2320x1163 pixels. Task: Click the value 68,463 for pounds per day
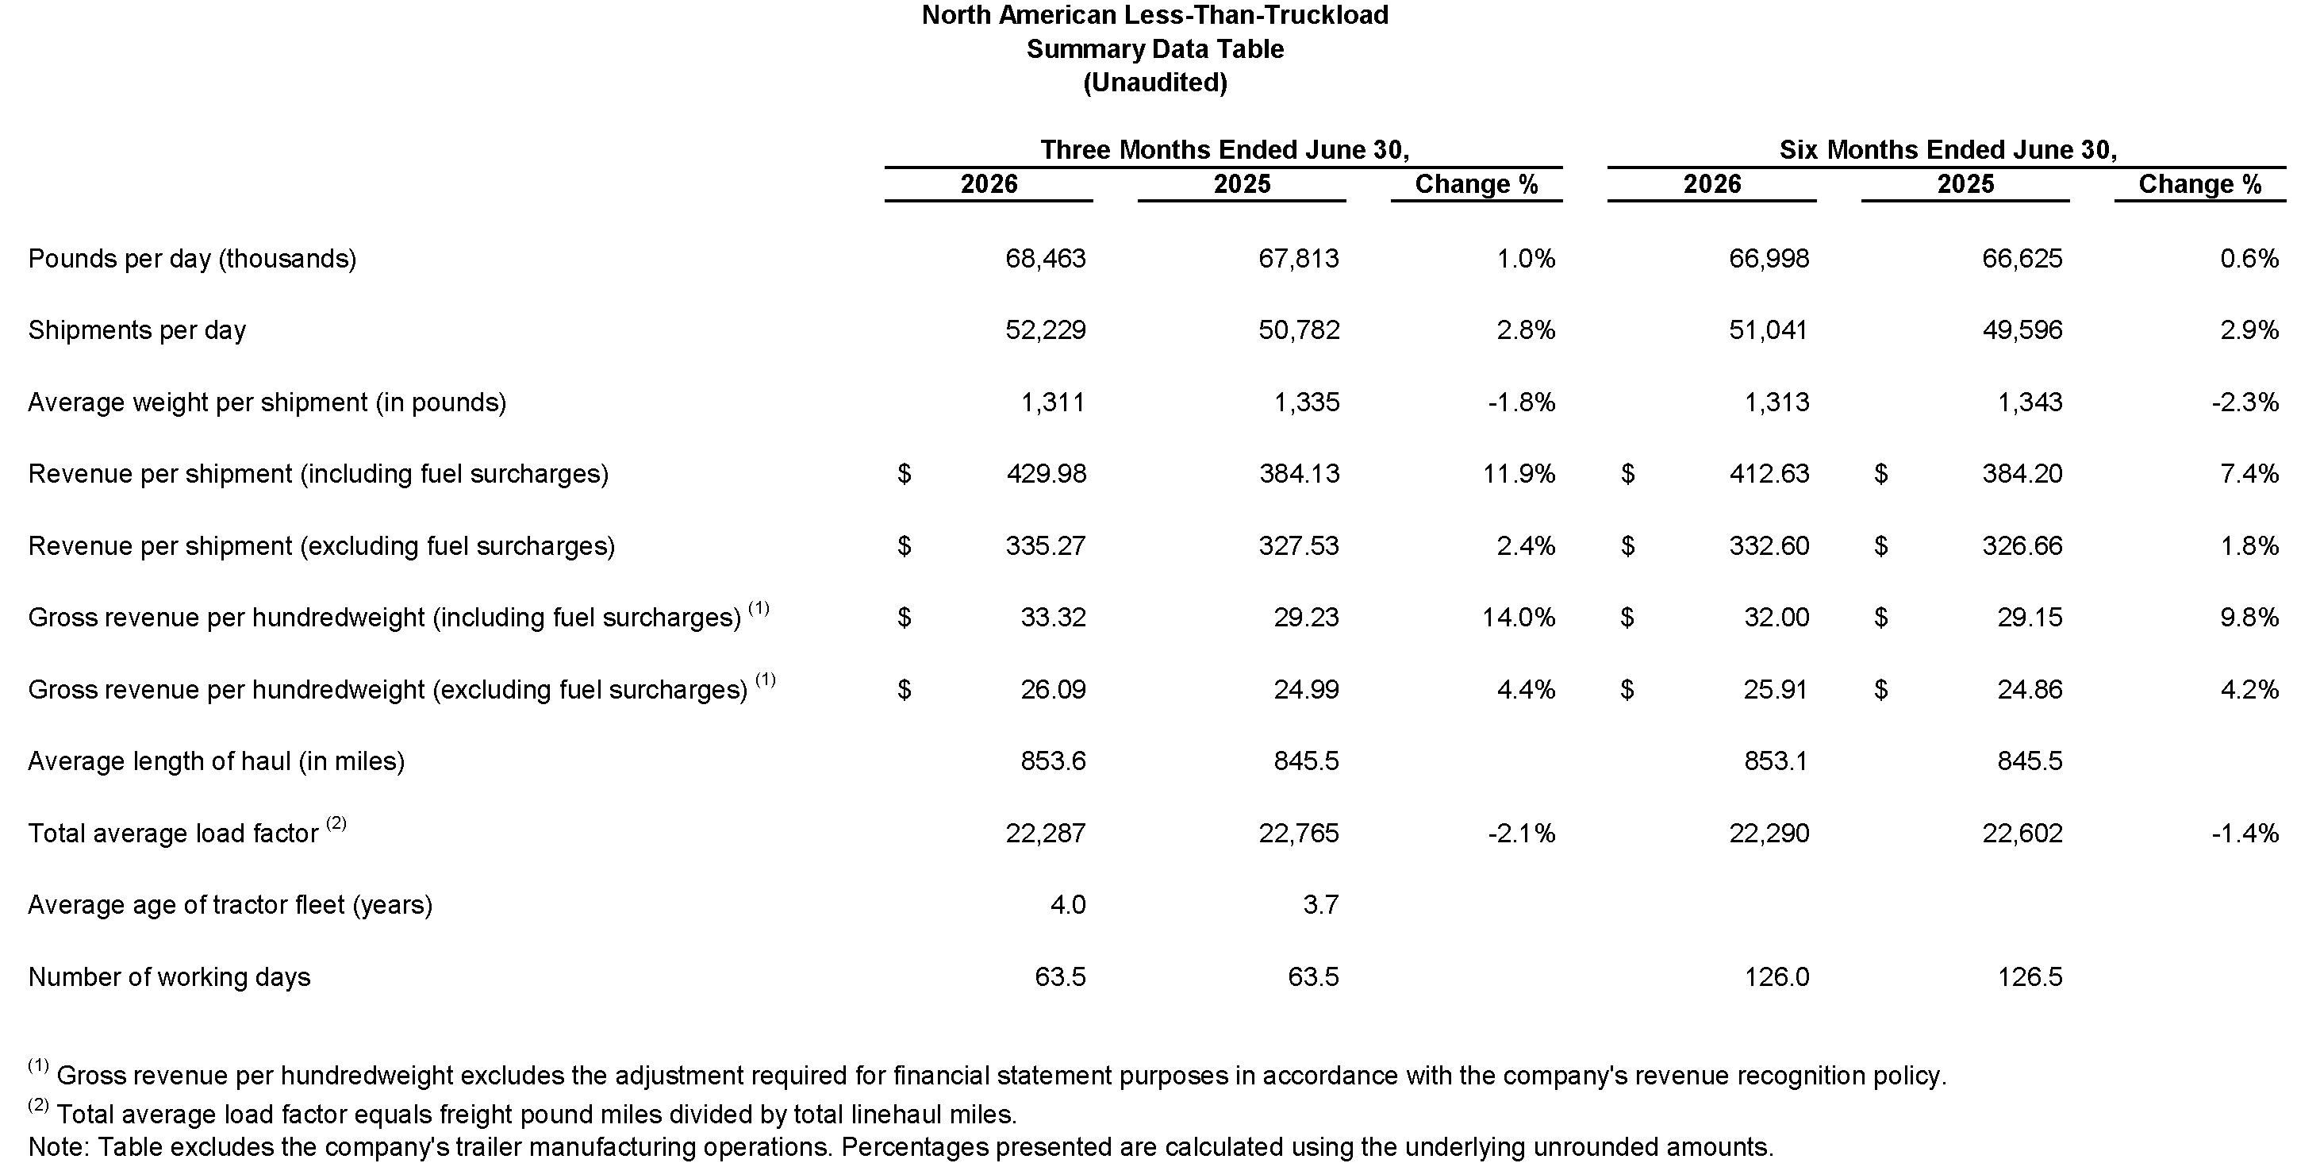pos(1045,259)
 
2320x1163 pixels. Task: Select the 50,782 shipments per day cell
pos(1299,329)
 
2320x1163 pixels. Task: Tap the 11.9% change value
pos(1519,474)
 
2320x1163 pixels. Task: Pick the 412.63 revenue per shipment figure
pos(1769,474)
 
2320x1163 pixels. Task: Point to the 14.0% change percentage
pos(1519,617)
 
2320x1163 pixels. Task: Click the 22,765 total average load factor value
pos(1299,833)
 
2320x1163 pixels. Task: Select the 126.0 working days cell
pos(1776,976)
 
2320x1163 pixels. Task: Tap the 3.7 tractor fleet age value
pos(1320,904)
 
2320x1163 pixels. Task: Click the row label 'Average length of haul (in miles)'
pos(216,762)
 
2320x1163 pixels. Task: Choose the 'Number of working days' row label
pos(169,977)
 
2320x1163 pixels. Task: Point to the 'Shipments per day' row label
pos(137,330)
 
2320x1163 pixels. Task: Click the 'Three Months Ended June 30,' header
pos(1225,149)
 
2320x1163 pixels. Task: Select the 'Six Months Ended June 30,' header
pos(1948,149)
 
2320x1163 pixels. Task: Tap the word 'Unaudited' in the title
pos(1155,83)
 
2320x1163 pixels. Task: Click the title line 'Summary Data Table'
pos(1155,48)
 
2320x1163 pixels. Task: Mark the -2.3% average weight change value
pos(2245,402)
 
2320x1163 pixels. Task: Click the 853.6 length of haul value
pos(1053,761)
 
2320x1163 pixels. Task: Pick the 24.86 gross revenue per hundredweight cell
pos(2030,689)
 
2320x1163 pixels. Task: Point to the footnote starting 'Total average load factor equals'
pos(522,1115)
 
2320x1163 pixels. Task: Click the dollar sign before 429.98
pos(905,474)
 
